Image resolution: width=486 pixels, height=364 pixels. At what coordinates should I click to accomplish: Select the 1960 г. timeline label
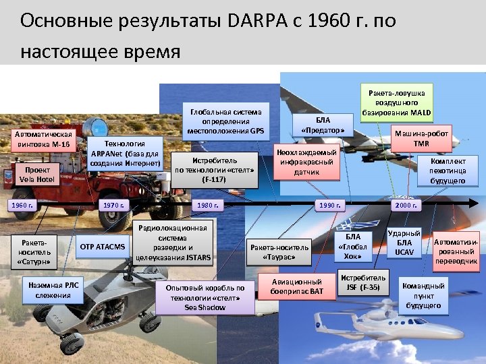[x=24, y=204]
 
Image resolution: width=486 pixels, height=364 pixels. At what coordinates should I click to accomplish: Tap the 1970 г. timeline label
[x=113, y=204]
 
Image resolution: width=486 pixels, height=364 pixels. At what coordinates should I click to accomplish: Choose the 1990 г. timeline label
[x=331, y=204]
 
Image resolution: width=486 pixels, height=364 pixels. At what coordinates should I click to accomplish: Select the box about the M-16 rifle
[x=44, y=139]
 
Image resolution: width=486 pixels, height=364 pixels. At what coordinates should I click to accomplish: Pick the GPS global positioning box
[x=225, y=121]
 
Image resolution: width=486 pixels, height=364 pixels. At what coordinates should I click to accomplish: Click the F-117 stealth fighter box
[x=214, y=171]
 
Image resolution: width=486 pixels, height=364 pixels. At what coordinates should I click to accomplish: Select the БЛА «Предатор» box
[x=325, y=124]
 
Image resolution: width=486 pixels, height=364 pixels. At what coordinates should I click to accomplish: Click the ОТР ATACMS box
[x=103, y=247]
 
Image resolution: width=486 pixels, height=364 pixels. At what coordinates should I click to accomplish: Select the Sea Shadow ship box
[x=205, y=297]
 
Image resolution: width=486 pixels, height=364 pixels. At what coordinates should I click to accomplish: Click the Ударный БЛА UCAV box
[x=404, y=243]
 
